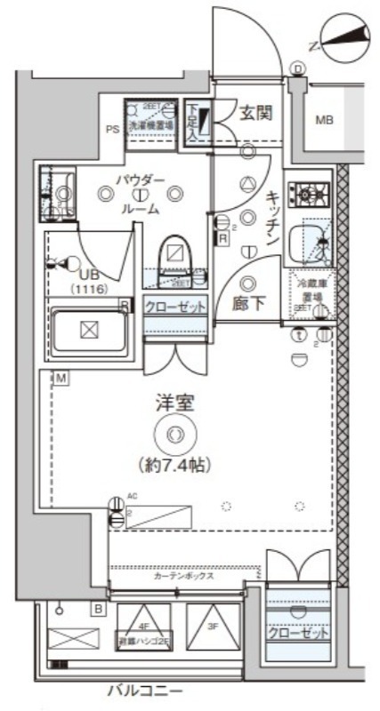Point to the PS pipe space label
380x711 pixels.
pos(113,129)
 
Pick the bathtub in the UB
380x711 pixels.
pos(87,330)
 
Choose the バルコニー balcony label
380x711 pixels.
pos(145,690)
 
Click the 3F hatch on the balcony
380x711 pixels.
pos(212,627)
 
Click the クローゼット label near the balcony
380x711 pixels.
pos(299,635)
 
